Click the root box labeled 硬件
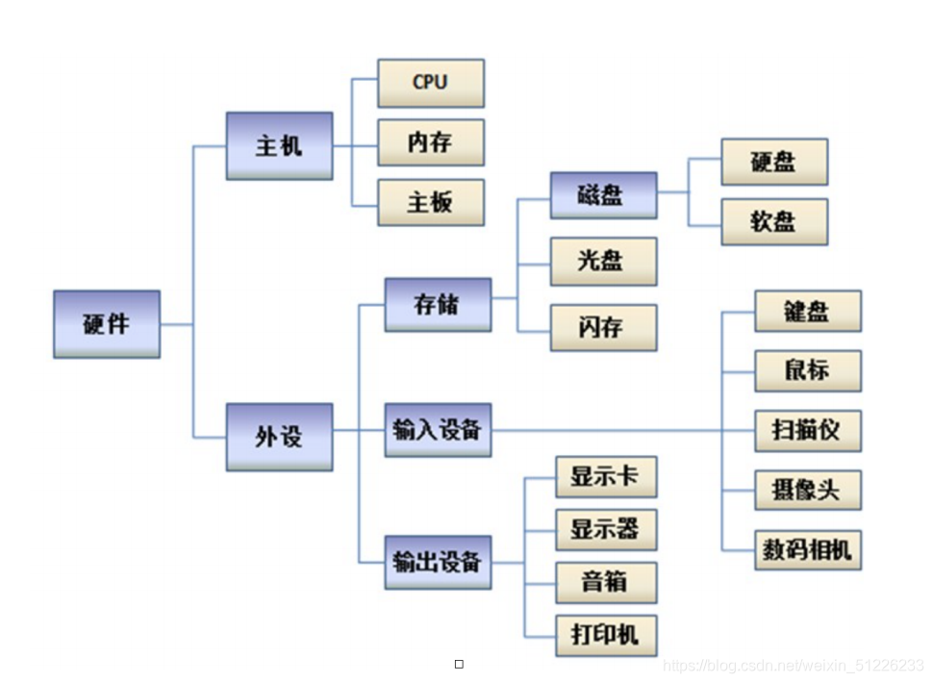(x=107, y=324)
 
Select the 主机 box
(x=279, y=146)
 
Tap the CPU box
(x=430, y=83)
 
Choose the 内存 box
(x=430, y=142)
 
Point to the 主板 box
(x=430, y=202)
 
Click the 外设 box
(x=279, y=437)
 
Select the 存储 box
(x=438, y=305)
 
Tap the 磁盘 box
(x=603, y=195)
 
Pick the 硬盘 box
(x=774, y=162)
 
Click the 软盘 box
(x=774, y=221)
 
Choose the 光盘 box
(x=603, y=261)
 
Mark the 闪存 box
(x=603, y=327)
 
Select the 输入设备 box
(x=438, y=429)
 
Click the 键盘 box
(x=807, y=311)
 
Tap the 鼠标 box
(x=807, y=370)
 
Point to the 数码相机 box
(x=807, y=551)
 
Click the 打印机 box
(x=606, y=635)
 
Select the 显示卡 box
(x=606, y=477)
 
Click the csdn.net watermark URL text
(x=794, y=666)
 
